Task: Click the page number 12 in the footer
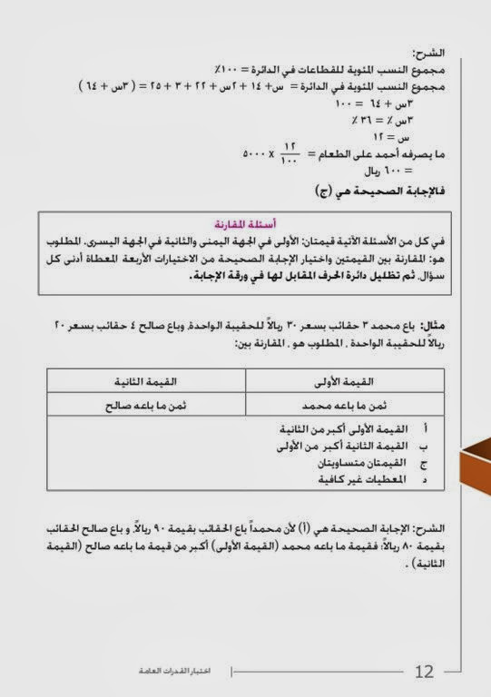coord(424,672)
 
